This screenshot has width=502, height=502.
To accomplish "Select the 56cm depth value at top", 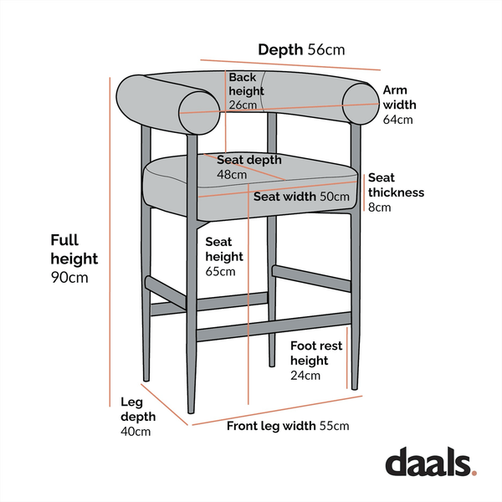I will pyautogui.click(x=326, y=50).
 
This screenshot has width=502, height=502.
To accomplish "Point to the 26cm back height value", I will pyautogui.click(x=242, y=105).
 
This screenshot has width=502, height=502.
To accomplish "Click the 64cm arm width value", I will pyautogui.click(x=398, y=120).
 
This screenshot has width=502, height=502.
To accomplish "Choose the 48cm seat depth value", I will pyautogui.click(x=232, y=175).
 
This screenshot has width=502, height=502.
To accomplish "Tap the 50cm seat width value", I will pyautogui.click(x=335, y=197).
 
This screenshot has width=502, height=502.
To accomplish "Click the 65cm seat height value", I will pyautogui.click(x=221, y=271).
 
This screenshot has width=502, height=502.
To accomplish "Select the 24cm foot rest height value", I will pyautogui.click(x=305, y=376).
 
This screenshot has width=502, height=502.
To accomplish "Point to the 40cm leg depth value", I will pyautogui.click(x=136, y=432).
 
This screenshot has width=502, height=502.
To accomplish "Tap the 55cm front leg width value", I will pyautogui.click(x=333, y=426).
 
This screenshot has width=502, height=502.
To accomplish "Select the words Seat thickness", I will pyautogui.click(x=396, y=185).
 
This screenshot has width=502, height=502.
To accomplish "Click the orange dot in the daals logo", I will pyautogui.click(x=474, y=473).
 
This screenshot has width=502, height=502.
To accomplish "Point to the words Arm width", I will pyautogui.click(x=399, y=97).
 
